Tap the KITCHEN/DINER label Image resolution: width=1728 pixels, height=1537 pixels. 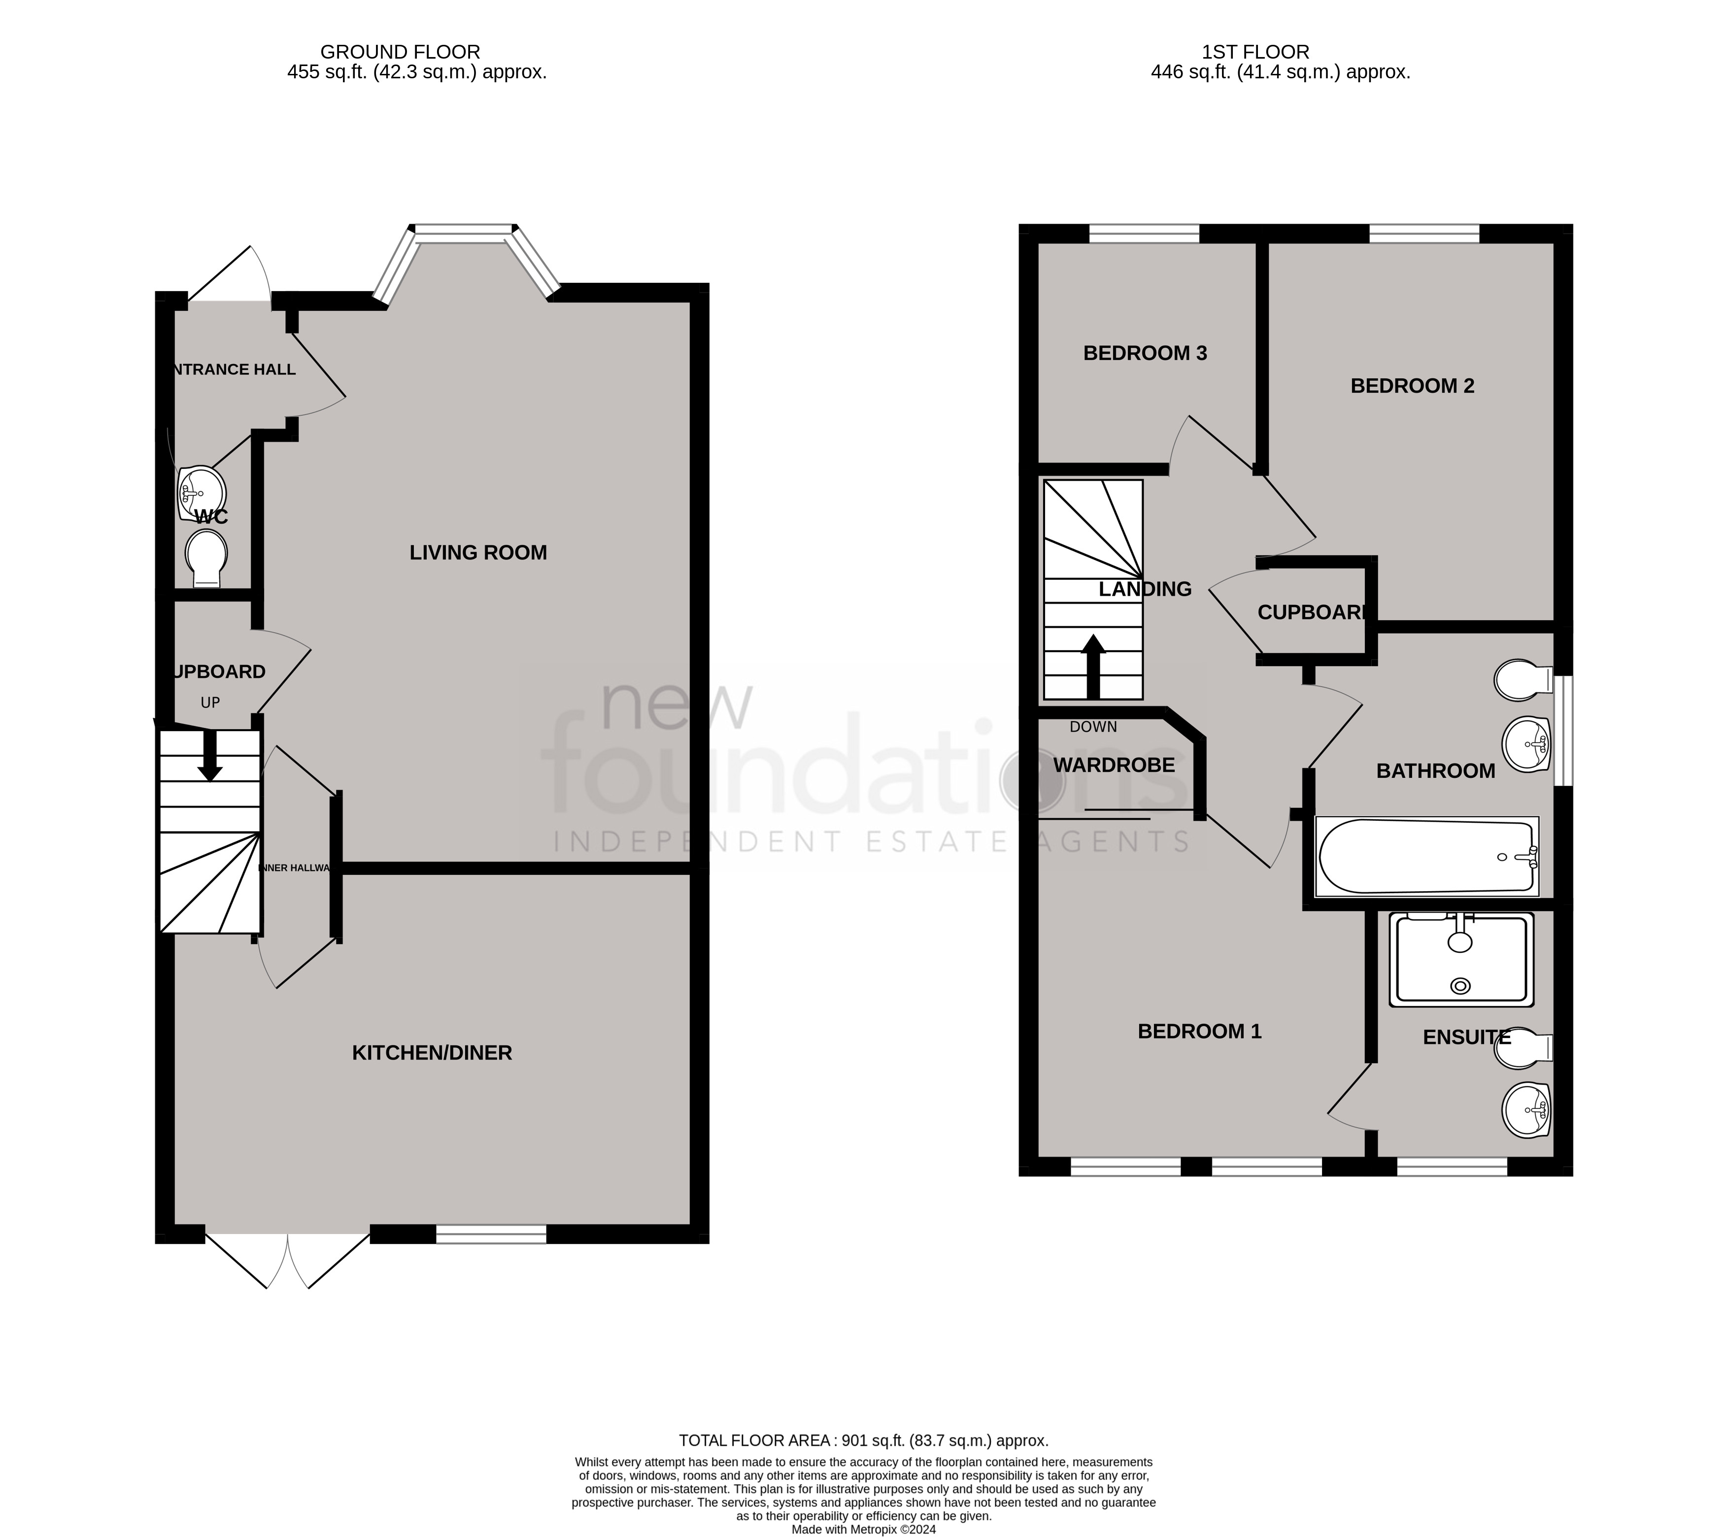point(432,1053)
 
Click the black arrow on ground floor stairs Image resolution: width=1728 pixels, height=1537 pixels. point(210,755)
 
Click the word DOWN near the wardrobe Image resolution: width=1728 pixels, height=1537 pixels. point(1093,727)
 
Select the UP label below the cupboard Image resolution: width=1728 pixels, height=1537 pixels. point(210,702)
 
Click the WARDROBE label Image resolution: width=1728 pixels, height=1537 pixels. point(1114,765)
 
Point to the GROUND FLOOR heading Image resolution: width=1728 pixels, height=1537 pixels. point(400,52)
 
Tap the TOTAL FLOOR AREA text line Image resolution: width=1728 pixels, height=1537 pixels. point(863,1440)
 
